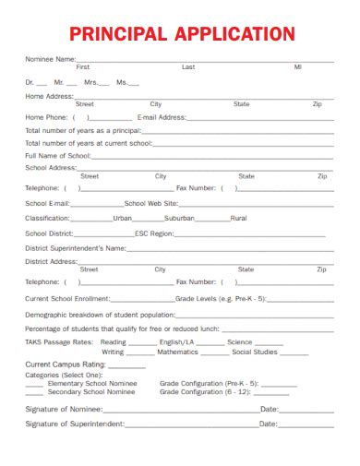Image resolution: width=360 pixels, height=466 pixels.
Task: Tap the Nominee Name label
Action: [x=51, y=59]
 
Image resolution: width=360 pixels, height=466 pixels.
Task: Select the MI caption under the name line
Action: [x=297, y=67]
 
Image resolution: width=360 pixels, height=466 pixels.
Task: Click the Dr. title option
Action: [x=30, y=82]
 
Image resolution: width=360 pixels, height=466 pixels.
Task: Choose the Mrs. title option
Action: [x=90, y=82]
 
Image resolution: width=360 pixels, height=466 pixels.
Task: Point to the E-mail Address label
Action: [x=162, y=117]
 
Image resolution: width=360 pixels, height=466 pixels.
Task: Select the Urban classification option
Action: [x=122, y=219]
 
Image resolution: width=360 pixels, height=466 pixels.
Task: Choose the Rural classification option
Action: [x=238, y=219]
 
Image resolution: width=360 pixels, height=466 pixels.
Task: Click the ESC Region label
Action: [x=154, y=234]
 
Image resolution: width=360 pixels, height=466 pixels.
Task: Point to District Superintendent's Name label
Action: [x=76, y=248]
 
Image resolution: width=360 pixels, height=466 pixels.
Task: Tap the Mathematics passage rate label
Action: [x=177, y=352]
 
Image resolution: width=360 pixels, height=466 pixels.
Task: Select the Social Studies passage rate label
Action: [x=255, y=352]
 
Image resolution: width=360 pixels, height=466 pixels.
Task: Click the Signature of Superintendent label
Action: [x=74, y=424]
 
